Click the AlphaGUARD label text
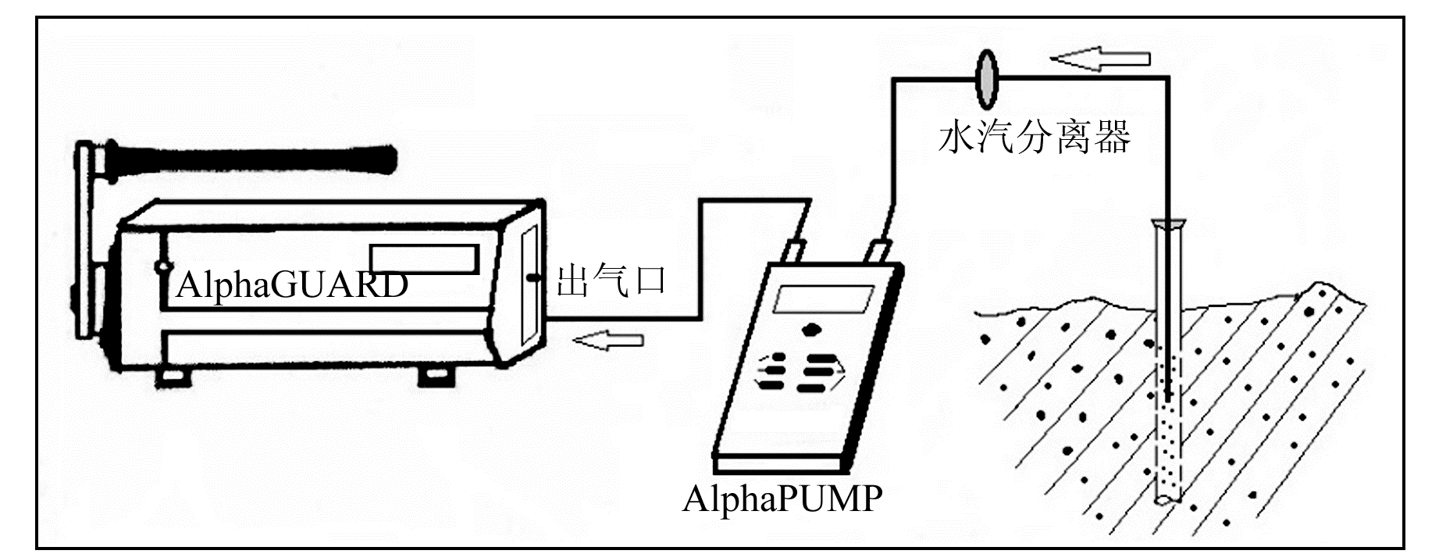292,285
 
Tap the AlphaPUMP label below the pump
782,499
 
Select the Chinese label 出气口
611,280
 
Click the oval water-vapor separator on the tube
987,79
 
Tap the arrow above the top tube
1100,59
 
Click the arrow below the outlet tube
608,340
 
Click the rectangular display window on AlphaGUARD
424,258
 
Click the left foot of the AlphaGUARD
172,377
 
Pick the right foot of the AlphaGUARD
435,376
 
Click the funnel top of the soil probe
1169,225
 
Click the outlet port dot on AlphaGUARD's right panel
534,277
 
